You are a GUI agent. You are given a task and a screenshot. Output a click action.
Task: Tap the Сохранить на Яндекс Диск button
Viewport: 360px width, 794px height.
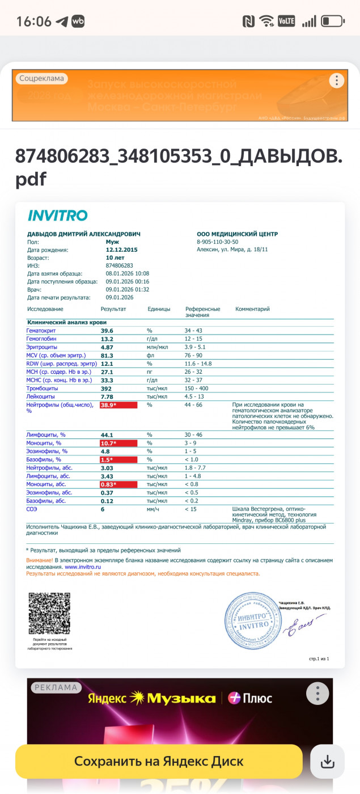point(159,761)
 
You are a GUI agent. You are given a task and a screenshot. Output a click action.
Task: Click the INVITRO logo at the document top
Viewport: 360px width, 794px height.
point(57,216)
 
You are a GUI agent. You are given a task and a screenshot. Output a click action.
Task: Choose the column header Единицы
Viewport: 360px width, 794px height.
point(159,309)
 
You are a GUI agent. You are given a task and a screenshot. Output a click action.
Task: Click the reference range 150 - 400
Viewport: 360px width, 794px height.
point(198,388)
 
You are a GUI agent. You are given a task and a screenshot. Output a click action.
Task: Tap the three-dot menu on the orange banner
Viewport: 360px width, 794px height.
point(337,81)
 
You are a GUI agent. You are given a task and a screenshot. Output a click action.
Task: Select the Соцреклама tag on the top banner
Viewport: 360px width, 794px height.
point(41,79)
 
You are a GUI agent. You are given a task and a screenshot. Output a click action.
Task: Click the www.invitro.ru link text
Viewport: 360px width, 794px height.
point(79,566)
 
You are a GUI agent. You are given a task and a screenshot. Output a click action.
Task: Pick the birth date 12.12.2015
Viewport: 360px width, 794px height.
point(121,250)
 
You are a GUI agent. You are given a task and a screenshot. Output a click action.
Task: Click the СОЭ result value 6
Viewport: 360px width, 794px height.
point(103,509)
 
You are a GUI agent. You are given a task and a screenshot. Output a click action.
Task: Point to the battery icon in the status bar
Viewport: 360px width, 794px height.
point(332,22)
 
